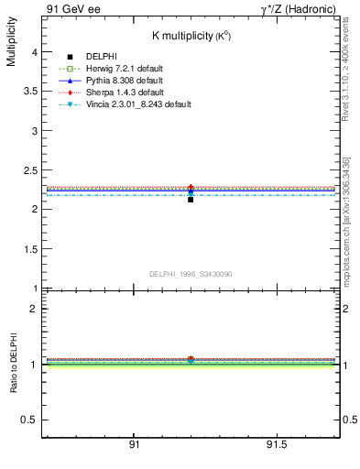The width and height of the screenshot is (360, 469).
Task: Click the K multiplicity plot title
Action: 191,35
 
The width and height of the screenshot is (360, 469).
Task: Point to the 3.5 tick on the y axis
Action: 29,93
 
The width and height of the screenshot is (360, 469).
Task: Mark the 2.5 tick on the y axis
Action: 29,170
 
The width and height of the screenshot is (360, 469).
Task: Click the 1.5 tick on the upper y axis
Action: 29,249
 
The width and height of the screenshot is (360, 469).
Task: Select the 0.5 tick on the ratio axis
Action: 29,420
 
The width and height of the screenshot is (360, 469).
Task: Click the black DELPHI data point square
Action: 191,199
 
